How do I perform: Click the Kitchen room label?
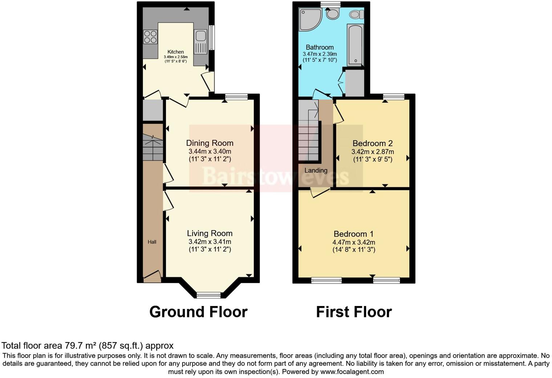(175, 52)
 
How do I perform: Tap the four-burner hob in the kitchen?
(150, 37)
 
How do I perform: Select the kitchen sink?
(200, 36)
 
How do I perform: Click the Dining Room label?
(210, 143)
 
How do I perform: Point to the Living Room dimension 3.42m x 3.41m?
(210, 242)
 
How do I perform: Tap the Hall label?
(152, 242)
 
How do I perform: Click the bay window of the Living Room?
(209, 295)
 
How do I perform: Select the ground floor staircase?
(153, 148)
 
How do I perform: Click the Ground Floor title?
(198, 312)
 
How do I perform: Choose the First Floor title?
(354, 312)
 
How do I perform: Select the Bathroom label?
(320, 47)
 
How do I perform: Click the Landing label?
(316, 170)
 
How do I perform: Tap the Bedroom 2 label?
(373, 143)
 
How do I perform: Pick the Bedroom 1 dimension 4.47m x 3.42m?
(354, 242)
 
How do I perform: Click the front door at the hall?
(152, 276)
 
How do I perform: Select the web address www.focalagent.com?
(352, 372)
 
